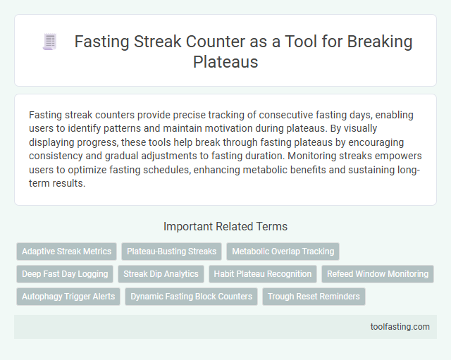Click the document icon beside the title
coord(49,42)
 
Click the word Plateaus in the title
coord(225,61)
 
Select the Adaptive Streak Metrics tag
coord(67,251)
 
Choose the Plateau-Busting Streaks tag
coord(171,251)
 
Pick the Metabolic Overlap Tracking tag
coord(283,251)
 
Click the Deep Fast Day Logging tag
coord(65,273)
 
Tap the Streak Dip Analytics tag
coord(161,273)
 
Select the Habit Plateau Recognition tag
coord(263,273)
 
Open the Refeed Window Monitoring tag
coord(378,273)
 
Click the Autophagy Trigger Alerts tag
coord(68,296)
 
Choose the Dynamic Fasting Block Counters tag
coord(192,296)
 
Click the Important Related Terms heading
coord(225,226)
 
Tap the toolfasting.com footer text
coord(400,327)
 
